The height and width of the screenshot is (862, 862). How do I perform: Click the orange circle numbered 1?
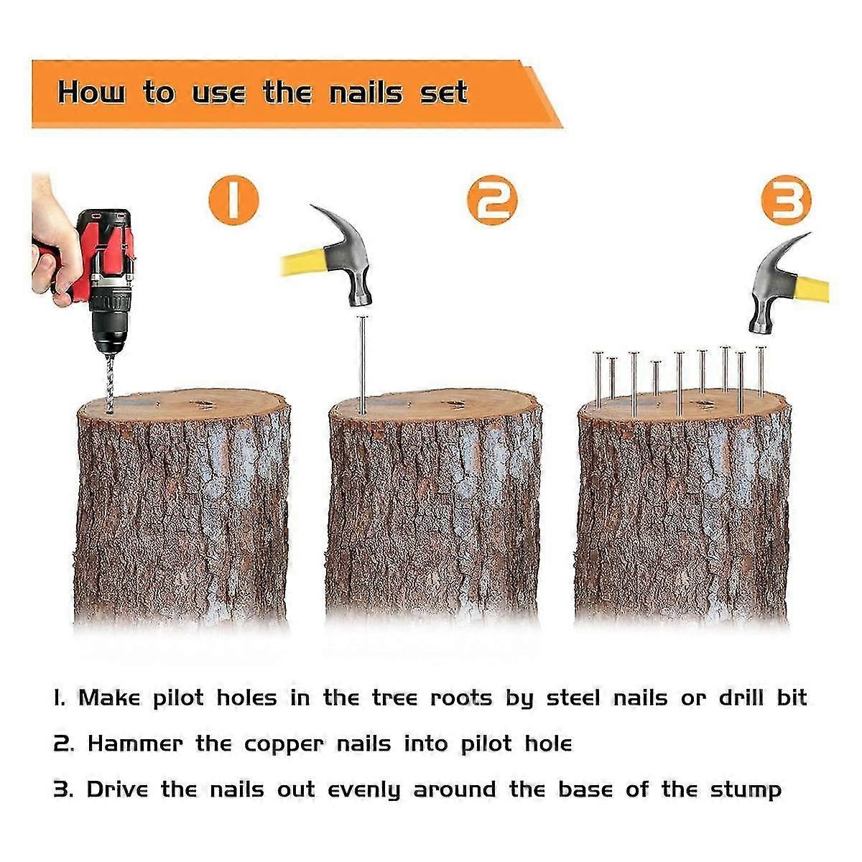[233, 200]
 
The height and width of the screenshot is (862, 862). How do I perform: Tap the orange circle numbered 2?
[492, 200]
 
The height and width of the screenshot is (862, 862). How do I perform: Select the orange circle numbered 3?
[786, 200]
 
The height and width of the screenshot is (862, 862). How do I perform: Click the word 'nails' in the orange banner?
[366, 93]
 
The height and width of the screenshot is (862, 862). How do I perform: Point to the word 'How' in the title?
[92, 93]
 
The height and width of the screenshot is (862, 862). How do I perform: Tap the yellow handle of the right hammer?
[811, 289]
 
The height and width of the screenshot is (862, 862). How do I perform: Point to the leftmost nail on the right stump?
[598, 380]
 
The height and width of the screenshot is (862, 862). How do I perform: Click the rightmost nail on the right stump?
[761, 371]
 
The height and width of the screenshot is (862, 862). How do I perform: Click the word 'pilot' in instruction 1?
[178, 698]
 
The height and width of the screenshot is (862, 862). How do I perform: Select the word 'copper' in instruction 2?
[284, 744]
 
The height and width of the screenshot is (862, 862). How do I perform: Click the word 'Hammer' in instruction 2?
[135, 743]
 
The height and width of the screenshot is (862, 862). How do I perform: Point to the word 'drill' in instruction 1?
[741, 698]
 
